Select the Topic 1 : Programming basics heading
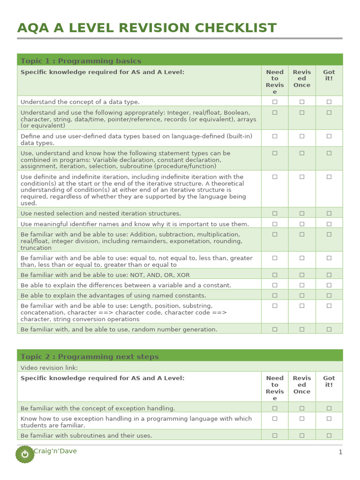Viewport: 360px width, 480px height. [81, 61]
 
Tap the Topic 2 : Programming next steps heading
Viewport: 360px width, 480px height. [90, 357]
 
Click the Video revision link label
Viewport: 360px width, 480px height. [49, 368]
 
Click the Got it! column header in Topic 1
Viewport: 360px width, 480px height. [329, 75]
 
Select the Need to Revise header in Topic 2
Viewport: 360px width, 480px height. [275, 388]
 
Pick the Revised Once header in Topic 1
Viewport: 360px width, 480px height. [302, 79]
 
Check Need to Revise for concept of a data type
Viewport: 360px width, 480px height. [275, 102]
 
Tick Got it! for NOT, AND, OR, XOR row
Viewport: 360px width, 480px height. [329, 275]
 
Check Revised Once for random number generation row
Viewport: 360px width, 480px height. [302, 329]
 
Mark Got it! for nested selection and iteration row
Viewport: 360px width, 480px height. [329, 213]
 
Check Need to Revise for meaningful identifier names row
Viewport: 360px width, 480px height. [275, 224]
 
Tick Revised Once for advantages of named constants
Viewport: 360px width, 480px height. [302, 295]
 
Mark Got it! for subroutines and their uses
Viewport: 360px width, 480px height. [329, 435]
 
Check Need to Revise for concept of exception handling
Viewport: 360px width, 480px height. [275, 408]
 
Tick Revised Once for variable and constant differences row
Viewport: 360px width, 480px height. [302, 285]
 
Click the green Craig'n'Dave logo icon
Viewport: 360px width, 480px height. [25, 454]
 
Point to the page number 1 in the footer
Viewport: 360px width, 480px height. [340, 452]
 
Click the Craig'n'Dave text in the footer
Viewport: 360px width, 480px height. [55, 451]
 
